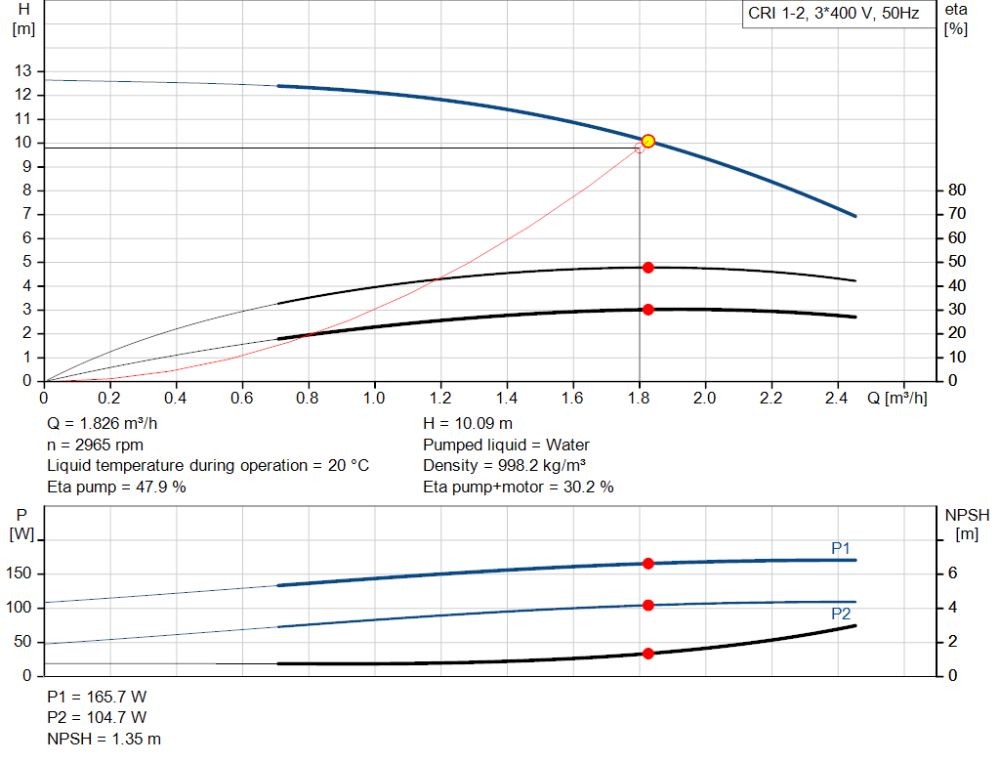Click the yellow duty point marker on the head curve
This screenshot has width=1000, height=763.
[x=647, y=142]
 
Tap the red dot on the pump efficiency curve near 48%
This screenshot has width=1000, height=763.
[x=647, y=268]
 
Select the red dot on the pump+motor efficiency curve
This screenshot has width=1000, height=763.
[x=647, y=310]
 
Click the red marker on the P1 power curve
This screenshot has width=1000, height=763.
[x=647, y=564]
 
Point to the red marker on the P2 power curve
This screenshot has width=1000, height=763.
[x=647, y=606]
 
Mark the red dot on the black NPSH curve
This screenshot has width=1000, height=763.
[x=647, y=654]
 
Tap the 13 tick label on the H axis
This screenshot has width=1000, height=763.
[x=22, y=71]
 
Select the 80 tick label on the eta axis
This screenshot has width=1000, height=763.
[x=956, y=190]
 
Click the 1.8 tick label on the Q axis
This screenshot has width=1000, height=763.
[x=639, y=399]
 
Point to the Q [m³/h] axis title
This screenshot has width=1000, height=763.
[x=896, y=399]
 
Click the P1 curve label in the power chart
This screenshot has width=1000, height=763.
[x=841, y=548]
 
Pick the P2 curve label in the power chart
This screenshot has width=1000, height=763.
[x=841, y=615]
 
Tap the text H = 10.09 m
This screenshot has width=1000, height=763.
[x=468, y=424]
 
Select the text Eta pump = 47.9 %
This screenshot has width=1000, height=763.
[x=116, y=487]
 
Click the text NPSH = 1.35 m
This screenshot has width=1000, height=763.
[x=104, y=739]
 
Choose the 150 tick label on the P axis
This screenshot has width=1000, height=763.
[x=20, y=573]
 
